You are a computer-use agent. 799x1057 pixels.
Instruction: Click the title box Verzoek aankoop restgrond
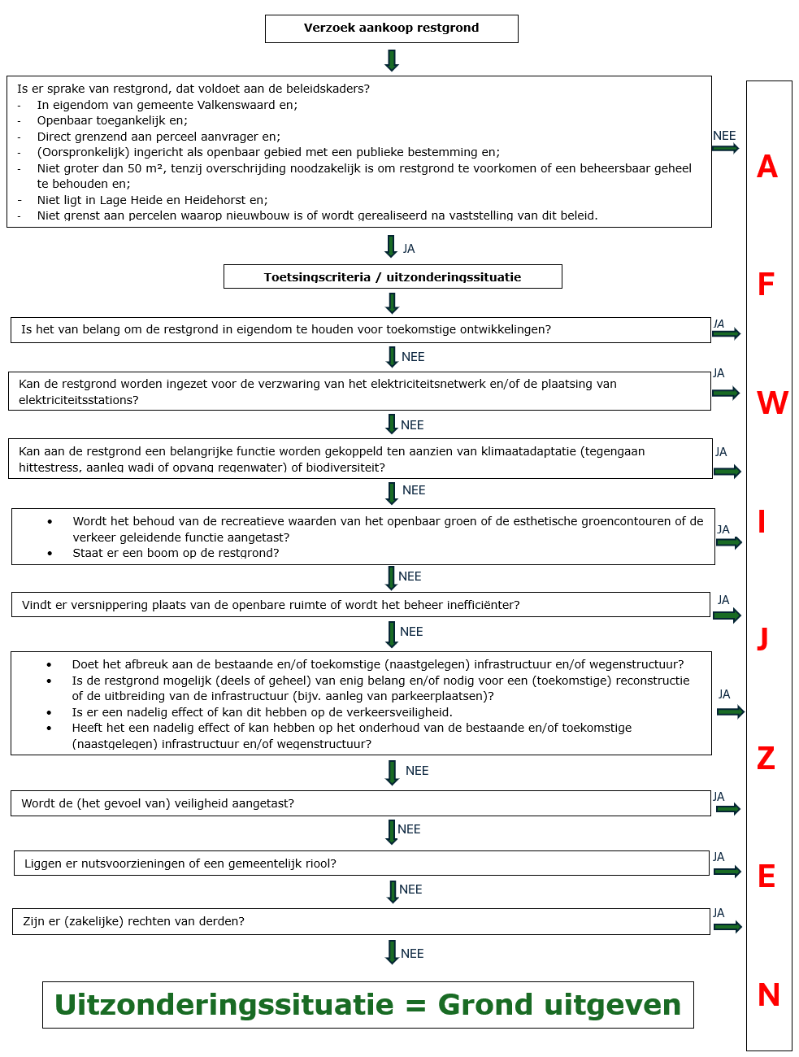391,28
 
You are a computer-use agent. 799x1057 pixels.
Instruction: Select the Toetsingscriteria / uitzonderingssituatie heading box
393,276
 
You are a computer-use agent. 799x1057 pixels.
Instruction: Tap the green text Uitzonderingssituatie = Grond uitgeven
367,1005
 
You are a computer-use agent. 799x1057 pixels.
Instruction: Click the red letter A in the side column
767,167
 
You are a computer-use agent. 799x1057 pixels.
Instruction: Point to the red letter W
772,403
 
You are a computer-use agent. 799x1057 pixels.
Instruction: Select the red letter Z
766,758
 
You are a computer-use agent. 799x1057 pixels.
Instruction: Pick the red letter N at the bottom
768,994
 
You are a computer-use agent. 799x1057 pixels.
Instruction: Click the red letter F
766,285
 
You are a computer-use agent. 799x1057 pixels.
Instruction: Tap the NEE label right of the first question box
723,136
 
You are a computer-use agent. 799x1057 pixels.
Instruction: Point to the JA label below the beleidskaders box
409,249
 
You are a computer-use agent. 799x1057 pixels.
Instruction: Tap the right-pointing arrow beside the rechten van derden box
727,927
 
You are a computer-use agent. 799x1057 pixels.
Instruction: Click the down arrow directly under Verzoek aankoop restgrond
392,60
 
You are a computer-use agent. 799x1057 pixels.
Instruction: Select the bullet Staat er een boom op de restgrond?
176,553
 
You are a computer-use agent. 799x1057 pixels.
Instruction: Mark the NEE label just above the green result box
412,954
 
